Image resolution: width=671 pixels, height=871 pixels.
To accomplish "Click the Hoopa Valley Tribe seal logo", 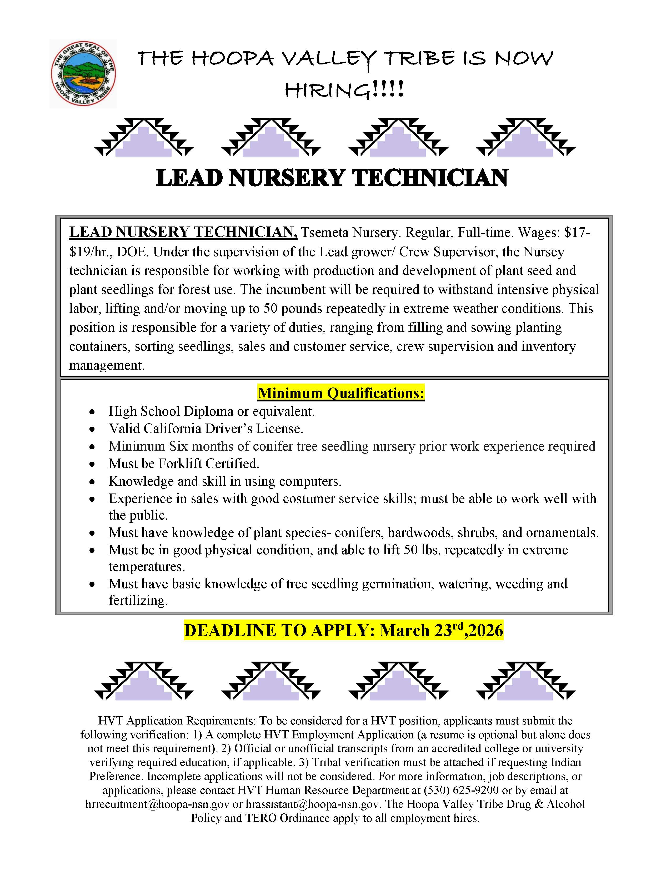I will pos(83,74).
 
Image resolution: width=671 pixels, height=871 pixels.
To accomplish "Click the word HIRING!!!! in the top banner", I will pos(344,89).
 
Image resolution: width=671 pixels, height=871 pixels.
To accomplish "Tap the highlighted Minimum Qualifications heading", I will pos(341,393).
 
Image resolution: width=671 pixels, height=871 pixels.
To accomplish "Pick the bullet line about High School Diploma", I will pos(212,411).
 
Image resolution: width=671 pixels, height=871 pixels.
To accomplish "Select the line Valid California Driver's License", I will pos(206,429).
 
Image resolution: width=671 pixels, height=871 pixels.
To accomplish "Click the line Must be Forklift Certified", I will pos(184,464).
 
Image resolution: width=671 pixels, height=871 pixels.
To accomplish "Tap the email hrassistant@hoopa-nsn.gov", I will pos(312,804).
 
